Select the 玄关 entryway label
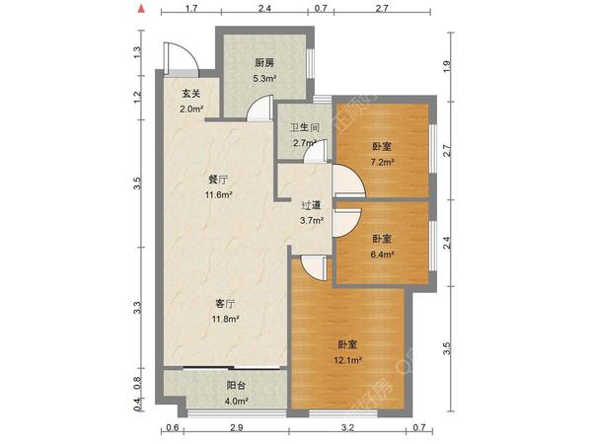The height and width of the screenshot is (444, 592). coord(190,94)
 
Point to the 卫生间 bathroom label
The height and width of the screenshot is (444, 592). coord(303,128)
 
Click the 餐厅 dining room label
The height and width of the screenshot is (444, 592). coord(218,181)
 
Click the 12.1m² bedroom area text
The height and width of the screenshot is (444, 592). coord(348,359)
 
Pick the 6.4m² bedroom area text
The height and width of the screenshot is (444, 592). coord(382,254)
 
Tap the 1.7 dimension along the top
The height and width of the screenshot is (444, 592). coord(192,9)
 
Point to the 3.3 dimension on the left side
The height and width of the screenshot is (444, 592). coord(138,307)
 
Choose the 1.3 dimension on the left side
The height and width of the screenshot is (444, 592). coord(138,51)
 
